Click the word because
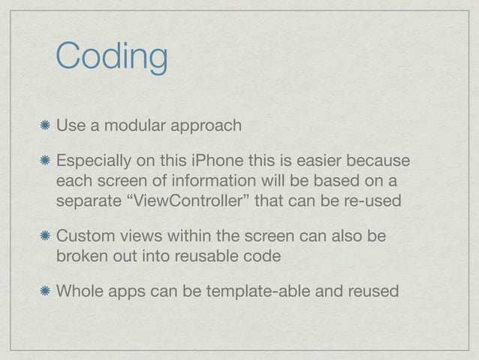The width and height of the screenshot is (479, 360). click(x=381, y=162)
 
